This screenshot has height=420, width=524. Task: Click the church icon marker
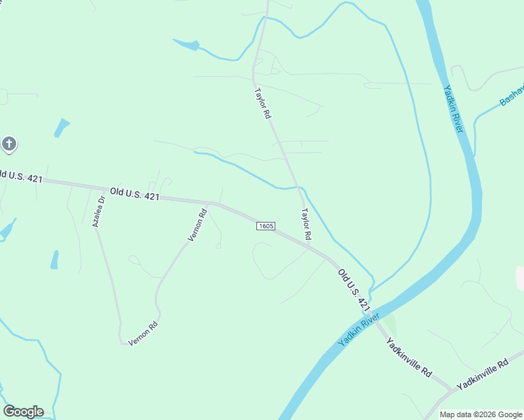pyautogui.click(x=8, y=145)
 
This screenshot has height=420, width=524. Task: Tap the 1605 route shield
pyautogui.click(x=266, y=226)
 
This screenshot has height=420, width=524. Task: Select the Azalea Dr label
pyautogui.click(x=98, y=211)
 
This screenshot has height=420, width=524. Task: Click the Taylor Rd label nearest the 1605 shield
pyautogui.click(x=305, y=225)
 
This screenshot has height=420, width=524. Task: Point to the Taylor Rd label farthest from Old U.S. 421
pyautogui.click(x=262, y=103)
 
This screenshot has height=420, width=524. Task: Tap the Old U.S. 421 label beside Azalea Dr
pyautogui.click(x=135, y=193)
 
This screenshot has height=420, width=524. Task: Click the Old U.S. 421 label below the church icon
pyautogui.click(x=21, y=176)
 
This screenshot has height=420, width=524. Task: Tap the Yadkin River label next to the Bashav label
pyautogui.click(x=454, y=108)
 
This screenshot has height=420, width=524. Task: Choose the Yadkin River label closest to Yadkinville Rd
pyautogui.click(x=358, y=330)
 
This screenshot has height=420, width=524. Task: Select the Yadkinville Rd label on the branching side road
pyautogui.click(x=481, y=375)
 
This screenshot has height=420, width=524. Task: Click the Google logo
pyautogui.click(x=23, y=412)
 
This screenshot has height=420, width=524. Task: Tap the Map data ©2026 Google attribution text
pyautogui.click(x=481, y=414)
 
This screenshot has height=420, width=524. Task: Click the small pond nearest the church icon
pyautogui.click(x=62, y=127)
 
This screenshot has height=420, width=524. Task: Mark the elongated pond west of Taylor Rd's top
pyautogui.click(x=186, y=45)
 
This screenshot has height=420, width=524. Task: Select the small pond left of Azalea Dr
pyautogui.click(x=54, y=260)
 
